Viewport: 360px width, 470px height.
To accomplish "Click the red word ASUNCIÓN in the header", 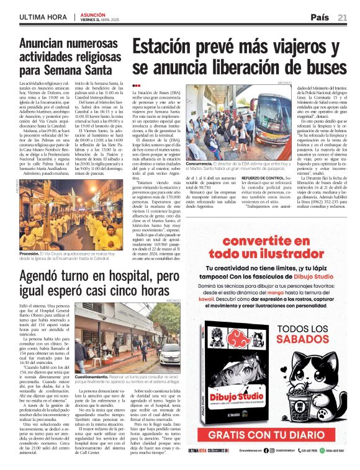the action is point(92,13).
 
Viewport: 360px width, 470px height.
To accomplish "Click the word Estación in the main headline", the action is point(171,48).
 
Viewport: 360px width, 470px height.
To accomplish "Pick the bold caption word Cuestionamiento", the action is point(91,376).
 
